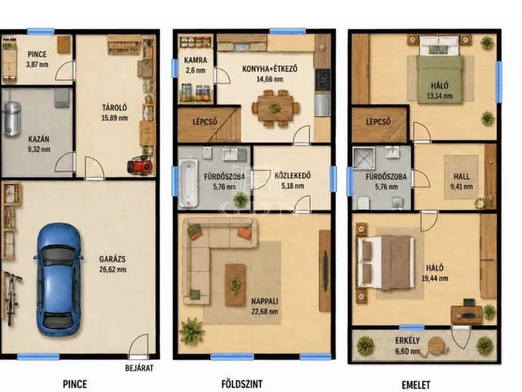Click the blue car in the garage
click(x=59, y=279)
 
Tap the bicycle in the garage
click(x=12, y=298)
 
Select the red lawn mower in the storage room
click(x=140, y=165)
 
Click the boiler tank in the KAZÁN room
click(x=11, y=119)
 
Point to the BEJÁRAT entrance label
click(x=139, y=368)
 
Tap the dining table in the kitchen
click(x=275, y=108)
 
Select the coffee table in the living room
click(x=235, y=285)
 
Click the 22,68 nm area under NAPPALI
click(x=265, y=312)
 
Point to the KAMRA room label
click(x=196, y=60)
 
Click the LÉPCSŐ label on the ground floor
click(x=205, y=122)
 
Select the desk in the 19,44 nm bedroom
click(x=467, y=314)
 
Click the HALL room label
click(x=462, y=176)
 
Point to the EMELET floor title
click(x=416, y=385)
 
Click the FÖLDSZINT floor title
click(x=241, y=384)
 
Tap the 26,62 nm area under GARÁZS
click(x=113, y=269)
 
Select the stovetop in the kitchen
click(x=323, y=80)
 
